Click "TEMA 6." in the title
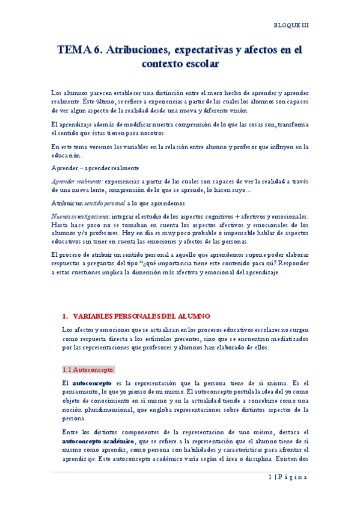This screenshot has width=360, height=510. click(79, 51)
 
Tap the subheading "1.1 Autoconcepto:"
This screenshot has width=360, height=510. click(89, 369)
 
